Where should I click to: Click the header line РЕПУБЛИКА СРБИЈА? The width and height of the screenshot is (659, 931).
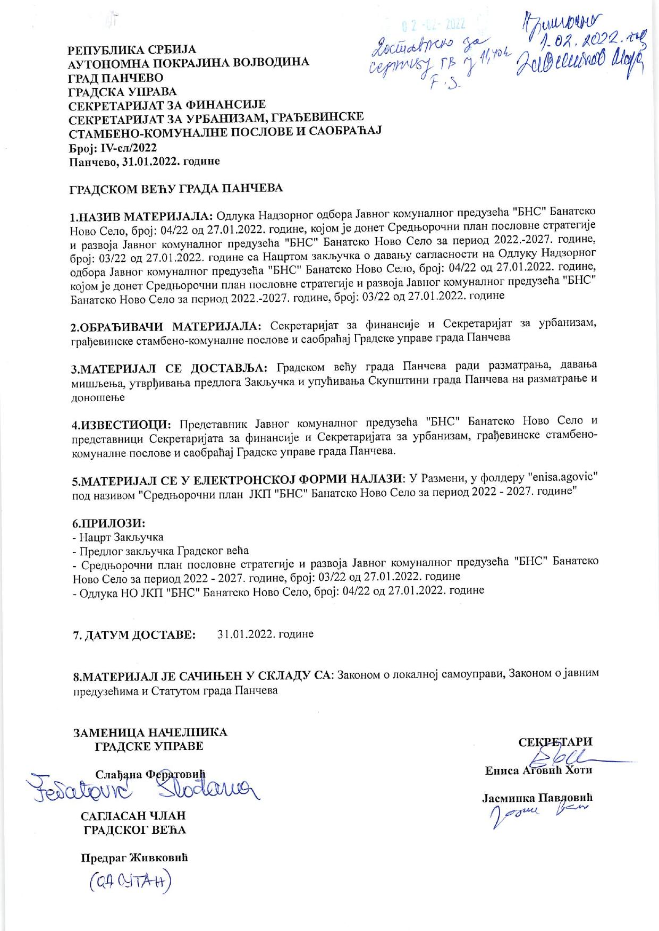(132, 50)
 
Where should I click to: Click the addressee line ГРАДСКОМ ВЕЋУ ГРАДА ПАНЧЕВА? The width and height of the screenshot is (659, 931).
(178, 189)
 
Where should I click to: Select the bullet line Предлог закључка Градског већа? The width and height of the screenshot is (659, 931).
(160, 551)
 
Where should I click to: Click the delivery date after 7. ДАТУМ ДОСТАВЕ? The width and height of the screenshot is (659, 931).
(265, 634)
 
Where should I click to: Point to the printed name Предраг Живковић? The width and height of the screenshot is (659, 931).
(134, 858)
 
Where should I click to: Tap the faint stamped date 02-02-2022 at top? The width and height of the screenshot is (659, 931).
(433, 23)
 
